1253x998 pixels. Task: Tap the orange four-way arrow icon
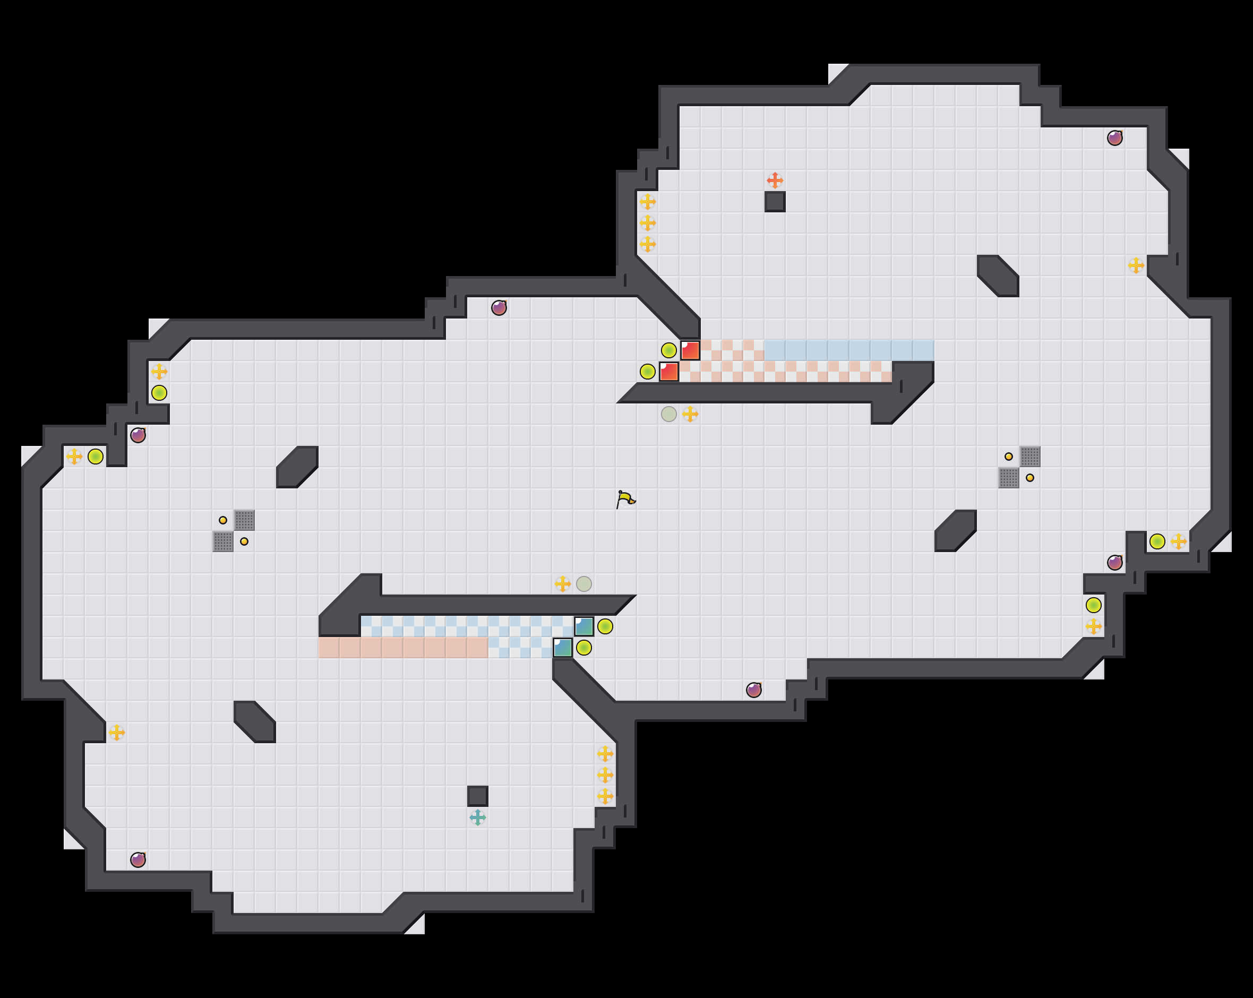coord(775,180)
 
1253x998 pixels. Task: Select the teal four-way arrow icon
coord(478,818)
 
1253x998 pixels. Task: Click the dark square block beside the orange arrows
coord(775,202)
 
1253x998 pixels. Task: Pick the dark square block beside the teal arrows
coord(478,796)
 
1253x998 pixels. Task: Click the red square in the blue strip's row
coord(690,350)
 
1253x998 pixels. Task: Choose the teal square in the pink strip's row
coord(563,648)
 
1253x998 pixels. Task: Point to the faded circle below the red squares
coord(669,414)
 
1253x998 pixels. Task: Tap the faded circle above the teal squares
coord(584,583)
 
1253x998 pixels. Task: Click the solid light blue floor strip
coord(848,350)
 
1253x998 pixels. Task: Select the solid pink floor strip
coord(403,648)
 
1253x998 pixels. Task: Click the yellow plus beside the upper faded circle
coord(690,414)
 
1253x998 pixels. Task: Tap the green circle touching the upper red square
coord(669,350)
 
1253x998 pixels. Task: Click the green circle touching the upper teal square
coord(605,626)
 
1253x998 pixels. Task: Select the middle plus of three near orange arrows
coord(647,223)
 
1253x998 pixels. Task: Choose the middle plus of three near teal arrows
coord(605,775)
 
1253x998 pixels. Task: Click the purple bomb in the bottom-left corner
coord(138,859)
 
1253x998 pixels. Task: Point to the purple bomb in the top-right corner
coord(1114,137)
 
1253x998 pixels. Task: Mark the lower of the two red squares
coord(669,372)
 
